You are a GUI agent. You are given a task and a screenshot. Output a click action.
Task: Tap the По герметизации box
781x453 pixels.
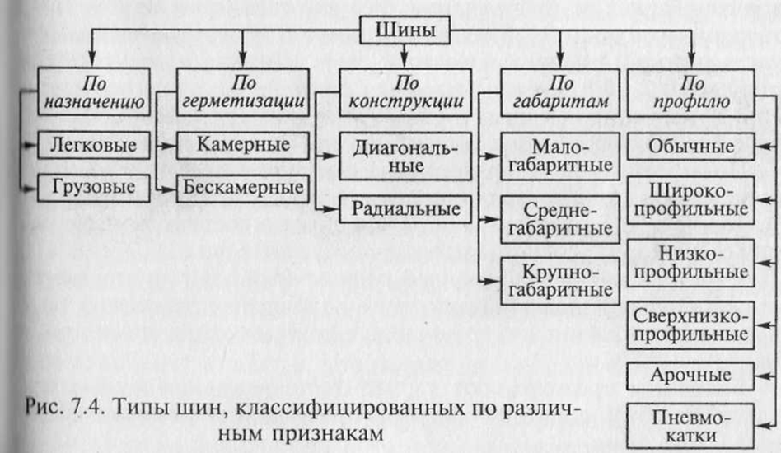pyautogui.click(x=243, y=92)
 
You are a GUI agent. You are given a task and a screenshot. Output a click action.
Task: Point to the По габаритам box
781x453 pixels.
pyautogui.click(x=560, y=92)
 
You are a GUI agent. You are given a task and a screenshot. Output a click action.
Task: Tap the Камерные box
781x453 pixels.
pyautogui.click(x=243, y=145)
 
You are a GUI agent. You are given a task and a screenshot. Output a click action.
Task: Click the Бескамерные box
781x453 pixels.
pyautogui.click(x=243, y=187)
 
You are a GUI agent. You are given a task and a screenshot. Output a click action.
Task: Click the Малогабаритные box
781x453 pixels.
pyautogui.click(x=561, y=155)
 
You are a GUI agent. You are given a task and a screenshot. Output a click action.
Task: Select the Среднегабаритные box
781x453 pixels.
pyautogui.click(x=561, y=217)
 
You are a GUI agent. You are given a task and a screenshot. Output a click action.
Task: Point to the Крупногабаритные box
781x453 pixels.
pyautogui.click(x=561, y=280)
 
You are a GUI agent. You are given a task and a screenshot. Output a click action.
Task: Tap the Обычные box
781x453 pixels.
pyautogui.click(x=691, y=147)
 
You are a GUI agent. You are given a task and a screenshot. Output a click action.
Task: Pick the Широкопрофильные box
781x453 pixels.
pyautogui.click(x=691, y=198)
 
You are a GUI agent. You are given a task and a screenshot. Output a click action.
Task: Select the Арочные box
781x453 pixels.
pyautogui.click(x=691, y=376)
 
